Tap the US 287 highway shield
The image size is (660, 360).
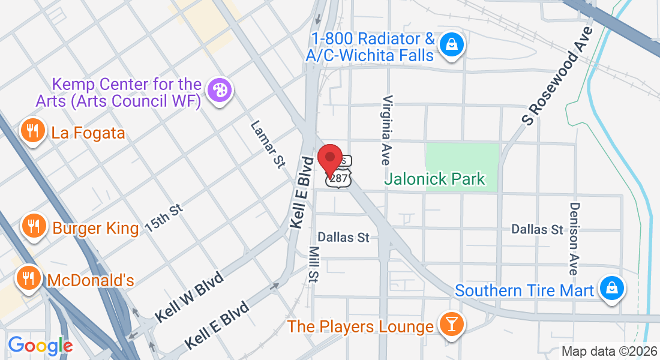(x=338, y=179)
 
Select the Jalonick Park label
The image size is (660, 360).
(x=434, y=179)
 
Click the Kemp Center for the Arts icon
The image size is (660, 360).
(x=217, y=91)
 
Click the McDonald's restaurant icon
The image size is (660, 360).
(x=28, y=279)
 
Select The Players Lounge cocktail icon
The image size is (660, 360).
(x=450, y=325)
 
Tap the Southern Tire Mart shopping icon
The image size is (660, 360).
(x=611, y=290)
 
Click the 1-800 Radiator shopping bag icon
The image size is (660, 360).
(x=450, y=45)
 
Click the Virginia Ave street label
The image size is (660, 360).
(x=387, y=130)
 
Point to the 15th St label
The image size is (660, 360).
(x=163, y=218)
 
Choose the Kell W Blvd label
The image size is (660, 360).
(x=188, y=297)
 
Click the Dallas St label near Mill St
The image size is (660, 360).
(x=343, y=237)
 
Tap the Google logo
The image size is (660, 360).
(x=40, y=346)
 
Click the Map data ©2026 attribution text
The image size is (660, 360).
(x=608, y=352)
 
